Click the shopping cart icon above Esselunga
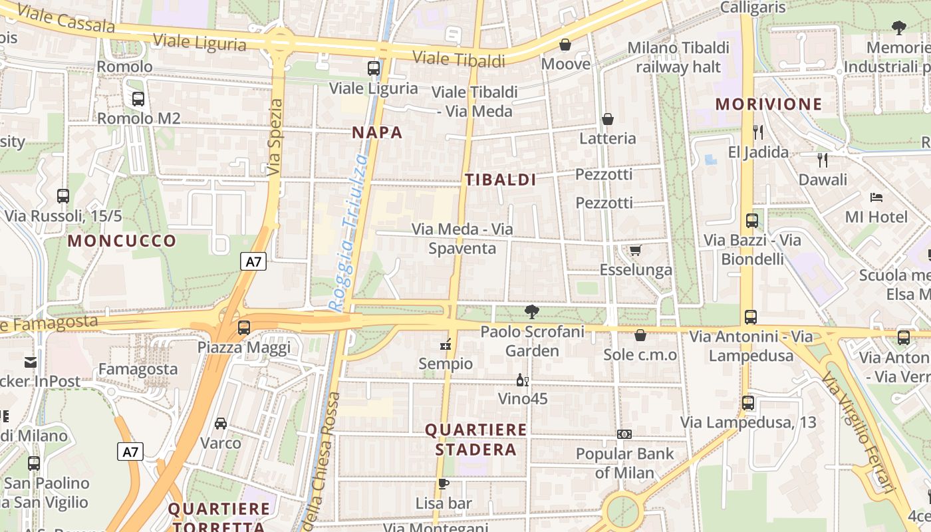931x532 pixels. pos(635,251)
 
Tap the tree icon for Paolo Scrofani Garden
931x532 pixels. pos(531,311)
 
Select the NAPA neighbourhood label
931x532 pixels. pos(378,132)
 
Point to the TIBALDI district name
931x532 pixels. pos(501,180)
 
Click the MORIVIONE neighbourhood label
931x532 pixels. pos(769,104)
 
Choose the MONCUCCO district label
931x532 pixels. pos(122,241)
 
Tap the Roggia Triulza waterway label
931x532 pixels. pos(349,233)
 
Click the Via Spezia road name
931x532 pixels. pos(275,138)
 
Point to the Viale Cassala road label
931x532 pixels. pos(66,21)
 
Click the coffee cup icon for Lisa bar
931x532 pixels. pos(444,483)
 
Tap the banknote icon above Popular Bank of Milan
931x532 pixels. pos(624,434)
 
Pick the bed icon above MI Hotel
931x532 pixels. pos(876,198)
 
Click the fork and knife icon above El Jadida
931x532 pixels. pos(758,132)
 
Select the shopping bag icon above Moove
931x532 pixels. pos(565,45)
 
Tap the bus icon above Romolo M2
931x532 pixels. pos(138,99)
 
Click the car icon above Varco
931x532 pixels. pos(221,424)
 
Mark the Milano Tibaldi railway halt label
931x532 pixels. pos(678,57)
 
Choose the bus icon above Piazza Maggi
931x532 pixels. pos(244,328)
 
